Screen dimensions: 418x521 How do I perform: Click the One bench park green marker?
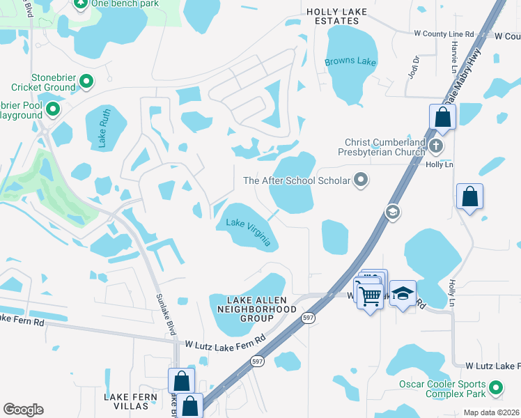[79, 3]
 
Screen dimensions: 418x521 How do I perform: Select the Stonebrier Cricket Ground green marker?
[86, 82]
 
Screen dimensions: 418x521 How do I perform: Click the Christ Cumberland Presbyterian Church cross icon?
[436, 146]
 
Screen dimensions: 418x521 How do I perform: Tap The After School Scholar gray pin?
[361, 180]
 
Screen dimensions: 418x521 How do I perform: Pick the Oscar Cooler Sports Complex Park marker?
[496, 387]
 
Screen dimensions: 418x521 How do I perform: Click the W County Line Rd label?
[444, 33]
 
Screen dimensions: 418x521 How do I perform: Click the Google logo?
[23, 410]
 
